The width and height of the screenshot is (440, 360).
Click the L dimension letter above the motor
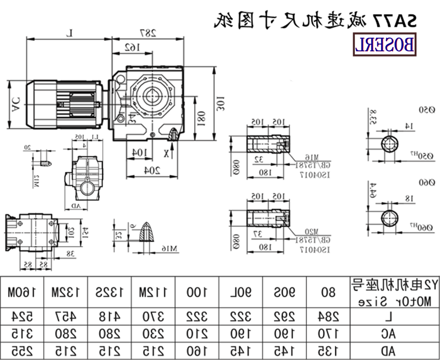coord(70,34)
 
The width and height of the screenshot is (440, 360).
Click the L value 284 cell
coord(328,317)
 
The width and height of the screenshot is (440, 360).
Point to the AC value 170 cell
coord(328,333)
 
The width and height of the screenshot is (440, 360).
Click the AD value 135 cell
coord(328,350)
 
